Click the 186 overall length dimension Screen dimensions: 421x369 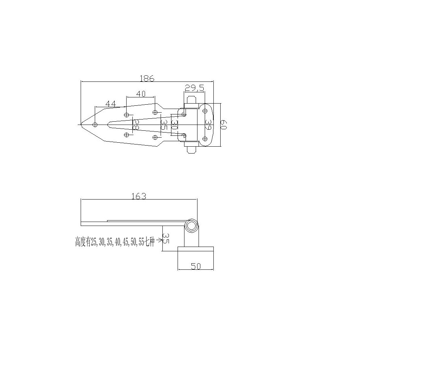tap(147, 78)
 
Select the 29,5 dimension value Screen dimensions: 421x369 tap(194, 88)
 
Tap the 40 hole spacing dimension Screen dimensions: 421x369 tap(141, 94)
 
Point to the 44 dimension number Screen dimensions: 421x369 tap(111, 104)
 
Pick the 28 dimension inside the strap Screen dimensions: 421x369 tap(136, 125)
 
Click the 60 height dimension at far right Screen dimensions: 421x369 tap(224, 125)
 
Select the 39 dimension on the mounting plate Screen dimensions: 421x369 tap(208, 125)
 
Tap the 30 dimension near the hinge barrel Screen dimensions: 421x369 tap(174, 125)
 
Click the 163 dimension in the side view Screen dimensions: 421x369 tap(139, 196)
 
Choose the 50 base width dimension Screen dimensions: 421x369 tap(196, 266)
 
